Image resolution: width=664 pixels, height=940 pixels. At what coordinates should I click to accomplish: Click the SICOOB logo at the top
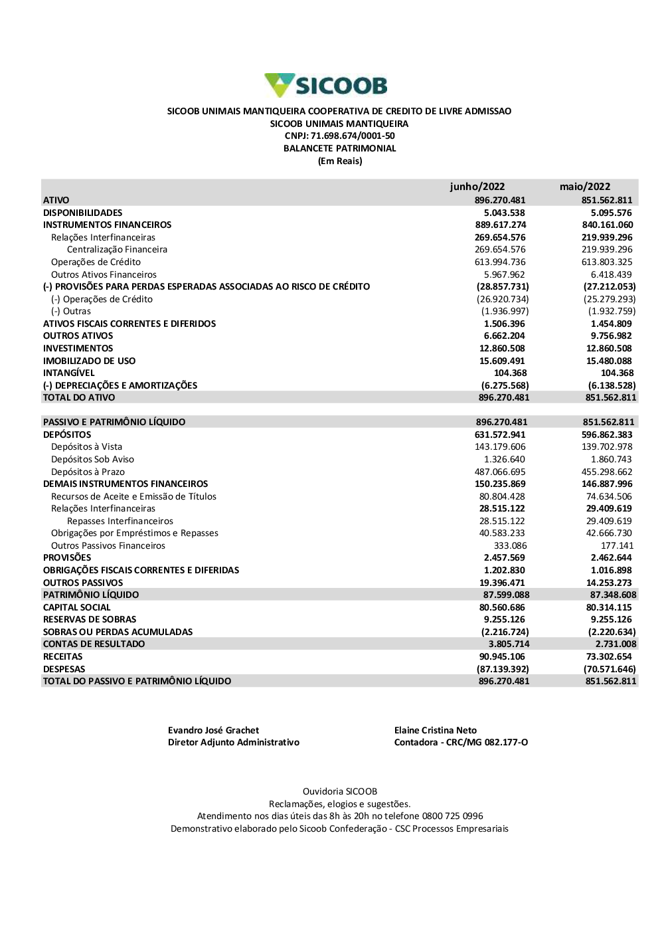click(325, 85)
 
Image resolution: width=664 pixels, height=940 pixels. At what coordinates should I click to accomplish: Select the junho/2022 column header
click(477, 187)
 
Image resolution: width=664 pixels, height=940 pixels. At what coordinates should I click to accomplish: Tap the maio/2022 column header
click(584, 187)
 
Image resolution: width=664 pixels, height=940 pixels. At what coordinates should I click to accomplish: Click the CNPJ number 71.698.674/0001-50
click(353, 136)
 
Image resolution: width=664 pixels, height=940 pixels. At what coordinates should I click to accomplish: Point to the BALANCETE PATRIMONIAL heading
click(339, 148)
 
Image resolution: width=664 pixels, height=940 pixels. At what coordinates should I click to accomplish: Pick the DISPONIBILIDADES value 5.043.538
click(504, 213)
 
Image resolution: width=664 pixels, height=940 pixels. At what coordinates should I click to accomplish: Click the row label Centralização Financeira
click(117, 250)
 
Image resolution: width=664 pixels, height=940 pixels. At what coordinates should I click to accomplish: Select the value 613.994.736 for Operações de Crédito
click(500, 262)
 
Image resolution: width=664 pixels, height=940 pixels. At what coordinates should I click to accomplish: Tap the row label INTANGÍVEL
click(68, 373)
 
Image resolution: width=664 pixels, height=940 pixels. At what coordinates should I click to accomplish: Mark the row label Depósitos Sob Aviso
click(92, 459)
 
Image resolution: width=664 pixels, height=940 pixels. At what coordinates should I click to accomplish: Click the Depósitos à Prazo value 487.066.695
click(500, 472)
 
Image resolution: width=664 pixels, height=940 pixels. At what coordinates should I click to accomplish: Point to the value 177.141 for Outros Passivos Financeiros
click(617, 545)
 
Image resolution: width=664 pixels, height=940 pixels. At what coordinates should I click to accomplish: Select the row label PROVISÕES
click(67, 558)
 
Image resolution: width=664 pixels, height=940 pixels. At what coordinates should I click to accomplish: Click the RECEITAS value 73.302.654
click(609, 656)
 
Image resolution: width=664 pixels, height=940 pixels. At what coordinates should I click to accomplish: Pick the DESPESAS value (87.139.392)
click(503, 669)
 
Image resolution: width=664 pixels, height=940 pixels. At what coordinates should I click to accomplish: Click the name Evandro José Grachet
click(213, 730)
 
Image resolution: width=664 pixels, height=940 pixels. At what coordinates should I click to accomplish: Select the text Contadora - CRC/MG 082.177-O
click(461, 742)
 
